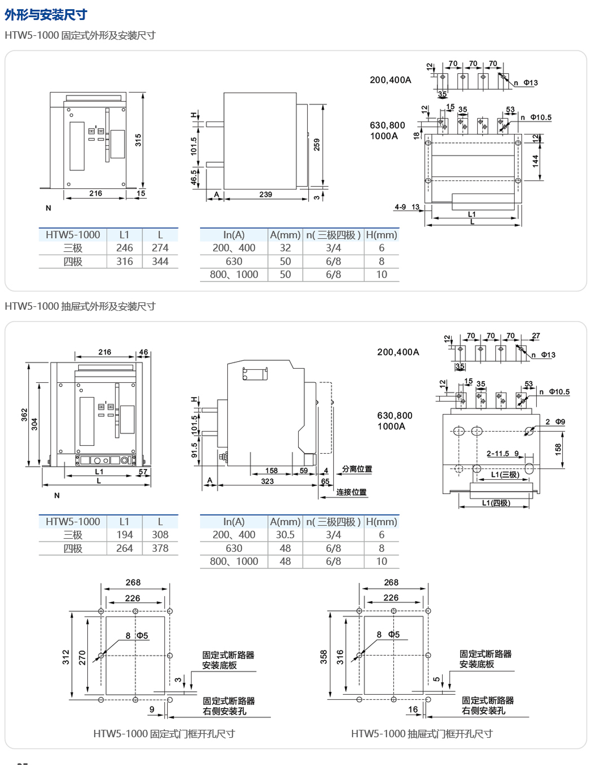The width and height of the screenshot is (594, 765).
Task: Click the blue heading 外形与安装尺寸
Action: point(46,15)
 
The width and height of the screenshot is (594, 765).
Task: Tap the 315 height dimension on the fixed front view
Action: point(138,140)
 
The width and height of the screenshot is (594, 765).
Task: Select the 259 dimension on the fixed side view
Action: point(316,144)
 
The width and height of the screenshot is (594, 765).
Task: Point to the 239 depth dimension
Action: point(265,194)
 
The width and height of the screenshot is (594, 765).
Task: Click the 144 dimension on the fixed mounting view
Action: point(535,161)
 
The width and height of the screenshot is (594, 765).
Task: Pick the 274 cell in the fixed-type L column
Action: point(160,248)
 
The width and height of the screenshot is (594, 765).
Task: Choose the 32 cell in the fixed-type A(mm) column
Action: point(285,248)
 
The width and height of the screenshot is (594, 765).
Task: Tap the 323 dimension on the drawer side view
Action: point(267,481)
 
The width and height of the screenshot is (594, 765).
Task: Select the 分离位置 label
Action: point(357,469)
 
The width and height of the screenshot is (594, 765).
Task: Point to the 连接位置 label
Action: point(351,492)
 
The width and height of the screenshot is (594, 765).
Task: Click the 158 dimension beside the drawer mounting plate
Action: point(558,449)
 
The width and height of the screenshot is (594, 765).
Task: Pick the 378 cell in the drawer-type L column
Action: point(160,548)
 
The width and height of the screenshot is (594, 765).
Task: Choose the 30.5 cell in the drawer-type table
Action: point(285,535)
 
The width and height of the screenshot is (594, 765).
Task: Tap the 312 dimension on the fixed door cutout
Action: point(66,657)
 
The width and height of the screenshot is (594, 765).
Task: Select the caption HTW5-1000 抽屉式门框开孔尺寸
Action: point(422,734)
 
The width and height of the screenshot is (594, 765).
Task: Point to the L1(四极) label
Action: point(496,503)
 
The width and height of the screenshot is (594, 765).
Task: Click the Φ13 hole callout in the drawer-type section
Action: point(548,355)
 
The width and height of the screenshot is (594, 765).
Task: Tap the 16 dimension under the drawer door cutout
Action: point(413,709)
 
